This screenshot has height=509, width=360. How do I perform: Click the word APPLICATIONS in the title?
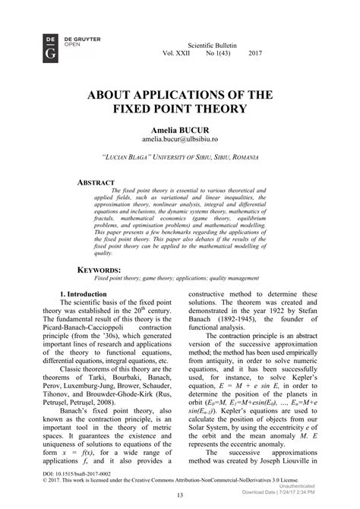[182, 94]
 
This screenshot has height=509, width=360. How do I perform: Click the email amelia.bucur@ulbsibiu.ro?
[179, 141]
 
